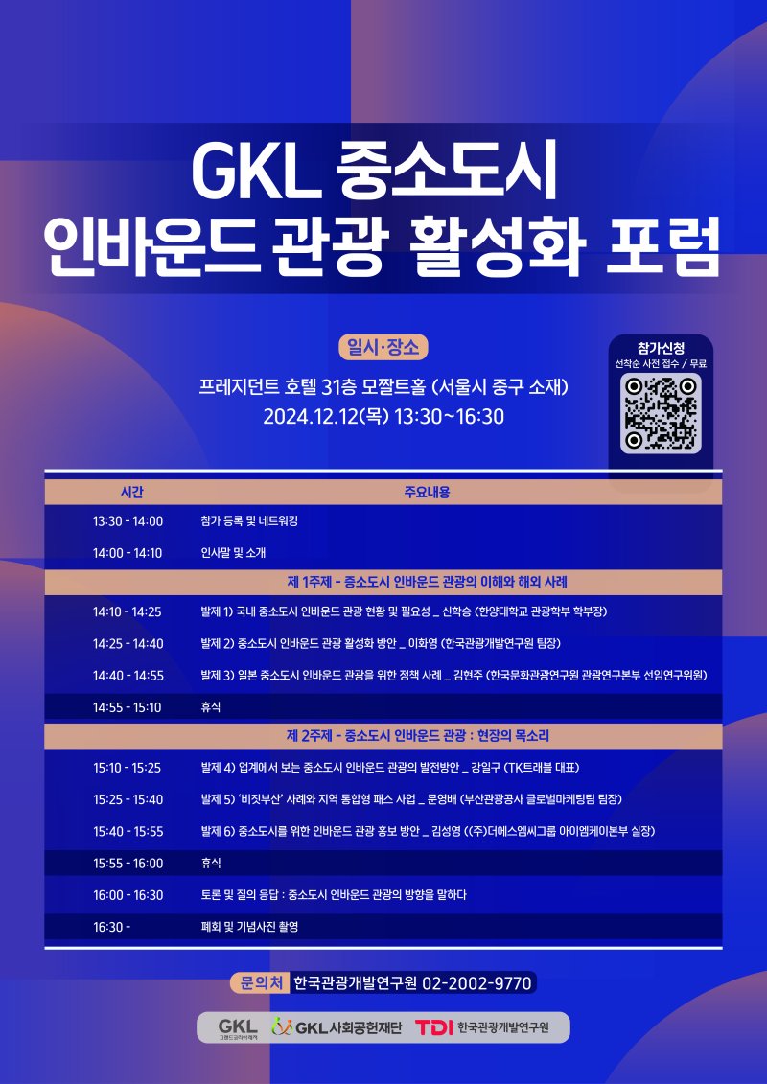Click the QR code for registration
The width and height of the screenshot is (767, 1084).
[661, 413]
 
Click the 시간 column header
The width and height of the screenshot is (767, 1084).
[131, 492]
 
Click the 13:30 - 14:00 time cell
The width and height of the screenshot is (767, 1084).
[128, 521]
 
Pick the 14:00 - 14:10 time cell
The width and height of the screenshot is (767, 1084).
[128, 553]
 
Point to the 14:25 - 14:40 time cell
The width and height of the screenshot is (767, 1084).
[128, 643]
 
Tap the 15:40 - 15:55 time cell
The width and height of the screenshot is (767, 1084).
[128, 831]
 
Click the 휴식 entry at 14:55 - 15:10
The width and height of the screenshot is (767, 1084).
[211, 707]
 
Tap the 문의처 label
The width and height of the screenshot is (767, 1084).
[260, 982]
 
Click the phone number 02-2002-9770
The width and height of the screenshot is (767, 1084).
[477, 982]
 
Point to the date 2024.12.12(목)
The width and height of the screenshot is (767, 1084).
[324, 416]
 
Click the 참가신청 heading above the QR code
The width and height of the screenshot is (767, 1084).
[661, 347]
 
